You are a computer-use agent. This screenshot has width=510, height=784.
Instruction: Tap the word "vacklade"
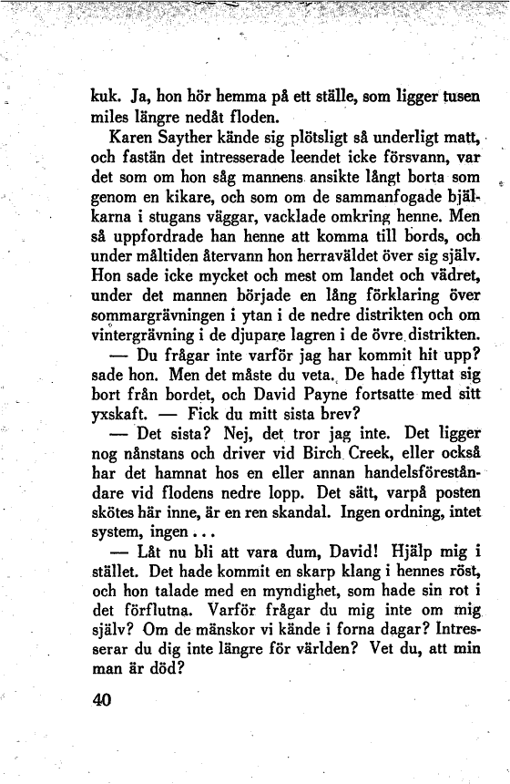coord(314,219)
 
